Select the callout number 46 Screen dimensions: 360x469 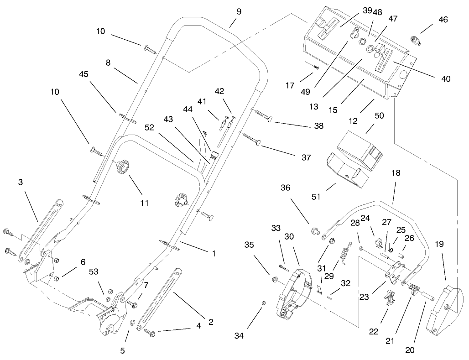point(443,20)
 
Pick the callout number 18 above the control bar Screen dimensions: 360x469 point(396,173)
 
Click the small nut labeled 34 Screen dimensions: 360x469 point(263,303)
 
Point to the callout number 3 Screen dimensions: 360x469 point(21,182)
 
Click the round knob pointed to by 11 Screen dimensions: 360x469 point(123,167)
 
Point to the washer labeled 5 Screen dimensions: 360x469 point(132,323)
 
